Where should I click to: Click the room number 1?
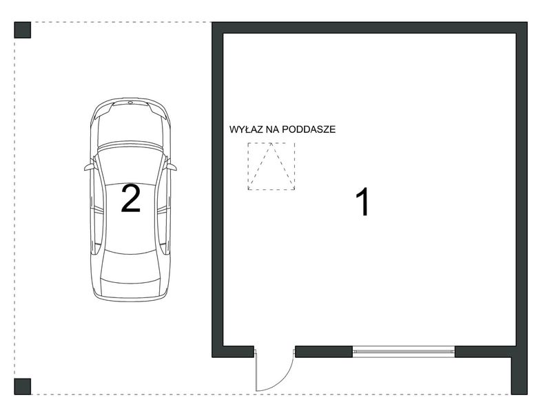tap(362, 202)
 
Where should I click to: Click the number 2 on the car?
tap(131, 198)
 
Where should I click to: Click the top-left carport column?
tap(23, 30)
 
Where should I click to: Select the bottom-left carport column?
tap(23, 387)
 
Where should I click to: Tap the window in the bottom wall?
tap(404, 352)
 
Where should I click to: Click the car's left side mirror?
tap(90, 167)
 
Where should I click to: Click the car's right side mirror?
tap(172, 167)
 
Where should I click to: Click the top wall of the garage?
tap(369, 28)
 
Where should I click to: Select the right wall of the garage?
tap(522, 209)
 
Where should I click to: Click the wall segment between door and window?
tap(324, 352)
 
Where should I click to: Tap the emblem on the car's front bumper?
tap(131, 103)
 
